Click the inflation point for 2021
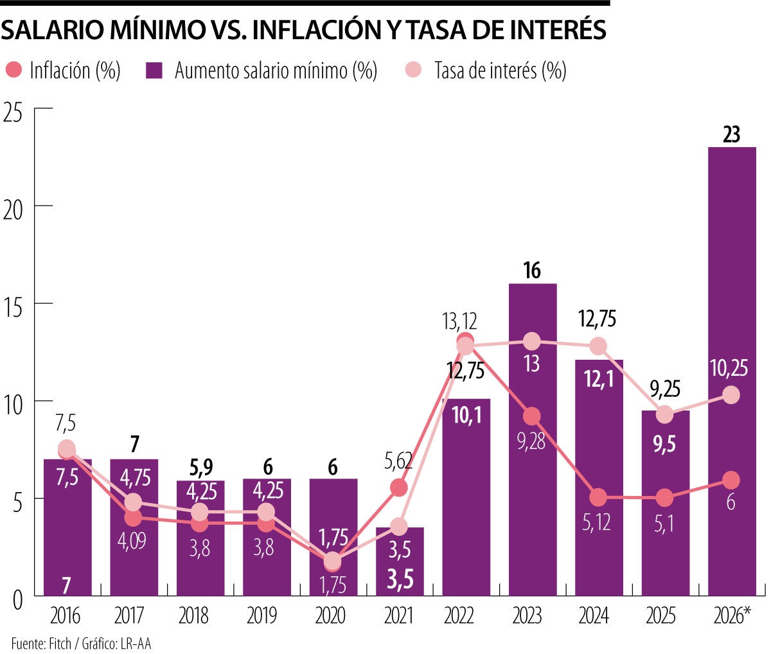click(399, 488)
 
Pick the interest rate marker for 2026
click(731, 396)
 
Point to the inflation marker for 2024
click(598, 497)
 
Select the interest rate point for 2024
click(598, 346)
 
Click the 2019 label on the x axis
click(262, 616)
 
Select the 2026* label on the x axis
click(732, 616)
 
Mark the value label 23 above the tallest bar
click(731, 134)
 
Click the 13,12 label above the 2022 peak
click(459, 320)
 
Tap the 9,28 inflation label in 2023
click(531, 442)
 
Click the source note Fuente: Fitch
click(41, 643)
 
